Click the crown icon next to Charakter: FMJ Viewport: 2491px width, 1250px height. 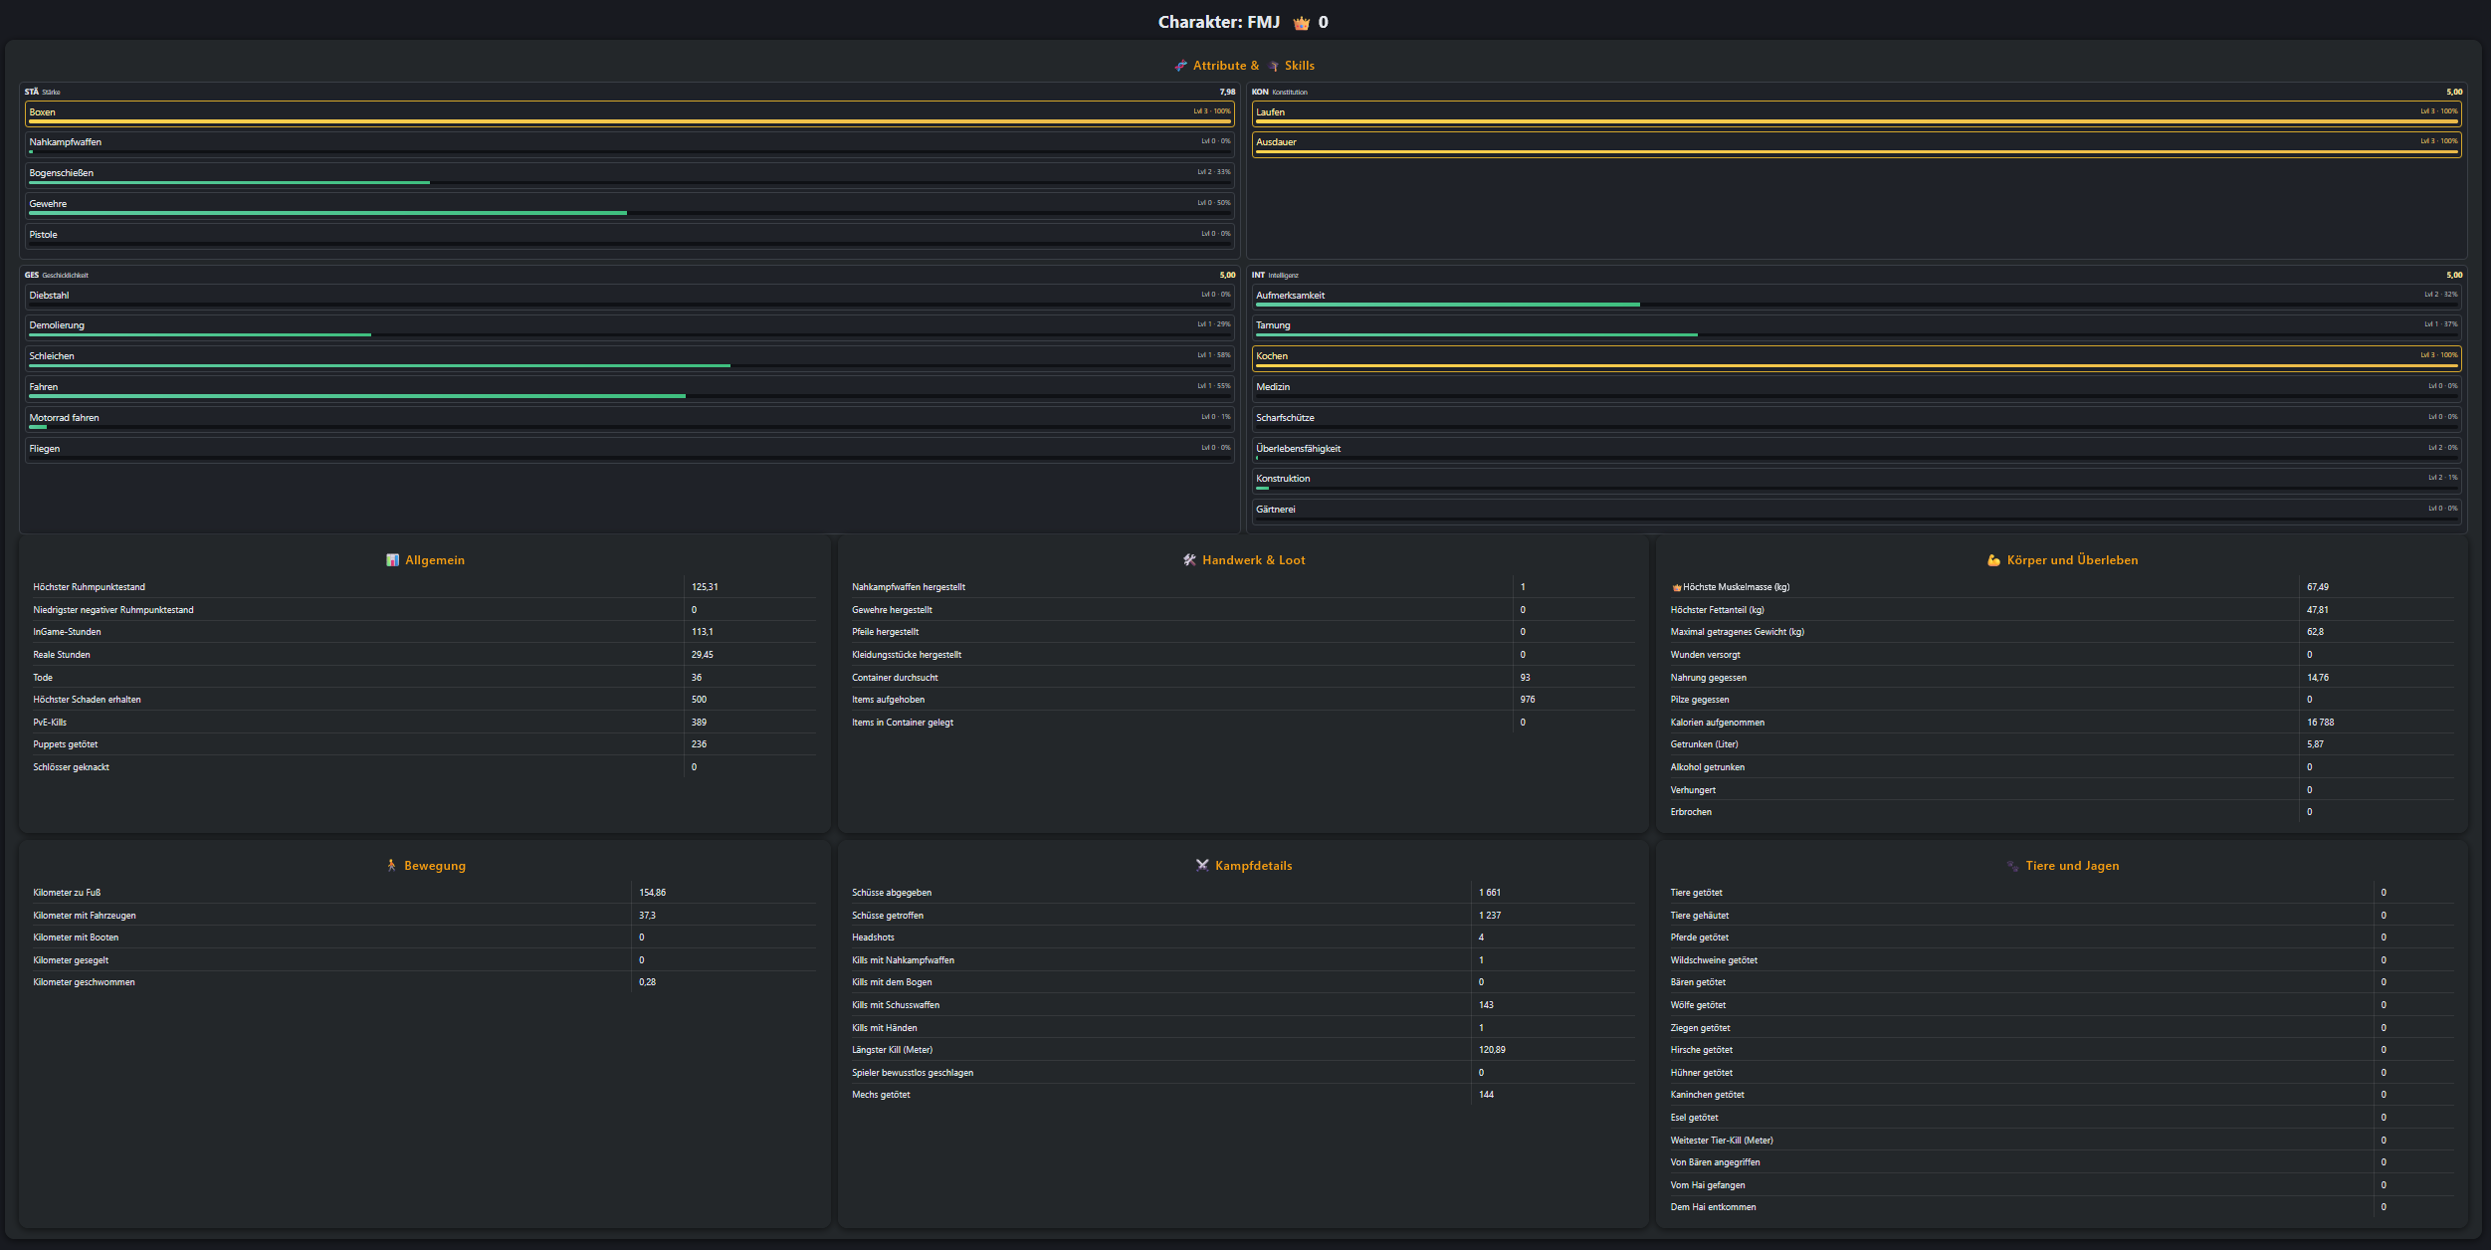click(x=1301, y=23)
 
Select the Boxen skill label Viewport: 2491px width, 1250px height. click(x=43, y=112)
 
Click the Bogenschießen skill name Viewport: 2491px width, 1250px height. click(x=62, y=173)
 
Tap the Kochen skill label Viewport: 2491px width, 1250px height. click(x=1272, y=356)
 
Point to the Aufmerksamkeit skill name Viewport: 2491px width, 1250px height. click(x=1290, y=296)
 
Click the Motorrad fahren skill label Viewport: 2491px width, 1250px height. click(x=65, y=418)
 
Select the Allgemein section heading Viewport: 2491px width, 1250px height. click(x=435, y=560)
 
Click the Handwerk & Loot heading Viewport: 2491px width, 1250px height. click(x=1253, y=560)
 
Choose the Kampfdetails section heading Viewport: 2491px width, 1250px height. click(x=1253, y=866)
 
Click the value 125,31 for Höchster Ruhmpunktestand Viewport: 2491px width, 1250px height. click(x=705, y=587)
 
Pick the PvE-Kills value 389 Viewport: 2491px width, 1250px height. click(x=699, y=723)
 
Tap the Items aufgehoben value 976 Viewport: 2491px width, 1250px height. click(x=1528, y=700)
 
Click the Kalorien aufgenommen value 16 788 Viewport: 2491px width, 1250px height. click(x=2320, y=723)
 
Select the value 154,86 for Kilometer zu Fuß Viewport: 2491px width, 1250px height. click(x=652, y=893)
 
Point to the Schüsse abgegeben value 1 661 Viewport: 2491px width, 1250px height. click(x=1489, y=893)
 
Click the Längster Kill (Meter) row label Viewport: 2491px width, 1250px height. click(x=892, y=1050)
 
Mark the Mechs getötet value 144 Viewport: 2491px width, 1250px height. click(x=1486, y=1095)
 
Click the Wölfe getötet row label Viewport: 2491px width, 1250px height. click(x=1698, y=1005)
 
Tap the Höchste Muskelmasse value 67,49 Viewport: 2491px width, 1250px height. click(x=2317, y=587)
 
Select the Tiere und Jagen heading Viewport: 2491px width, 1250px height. click(x=2072, y=866)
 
